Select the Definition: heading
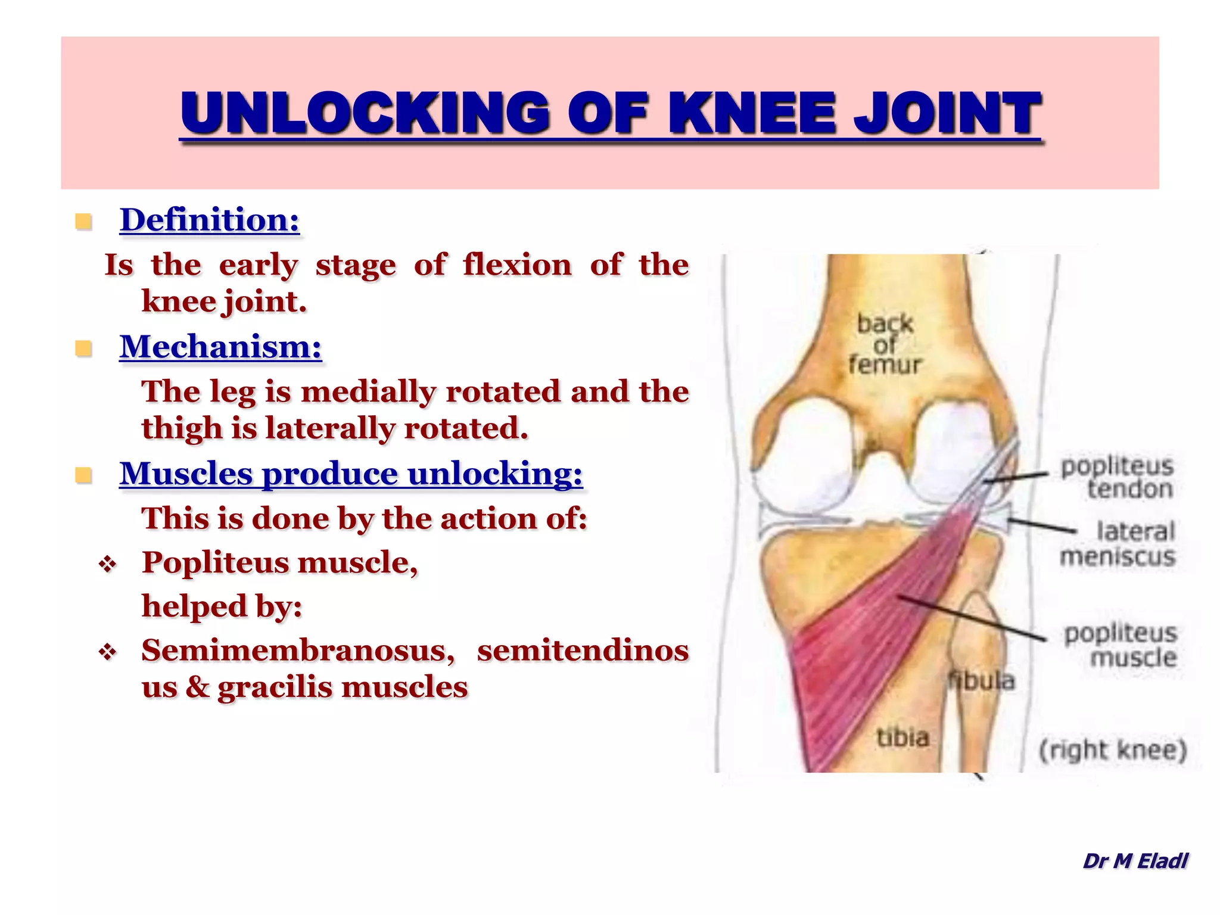tap(210, 220)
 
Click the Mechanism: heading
tap(220, 347)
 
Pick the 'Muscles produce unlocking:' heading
tap(351, 474)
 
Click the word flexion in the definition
tap(517, 265)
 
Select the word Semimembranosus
tap(298, 650)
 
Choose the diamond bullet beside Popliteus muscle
tap(108, 564)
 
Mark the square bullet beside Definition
tap(83, 222)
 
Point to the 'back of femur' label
tap(885, 344)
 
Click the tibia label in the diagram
tap(903, 738)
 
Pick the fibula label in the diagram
tap(982, 681)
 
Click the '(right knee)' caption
tap(1113, 750)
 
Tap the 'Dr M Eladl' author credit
tap(1135, 861)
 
